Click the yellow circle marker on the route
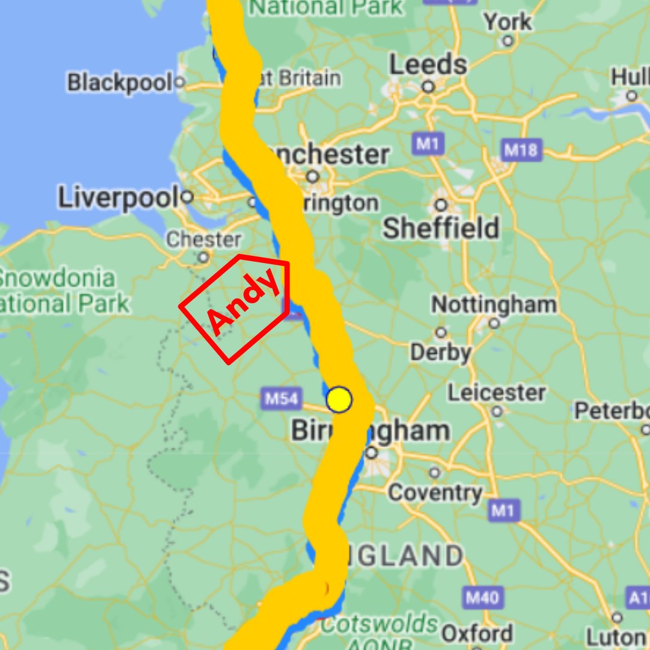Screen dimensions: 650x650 point(339,400)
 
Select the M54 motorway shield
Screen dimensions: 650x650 point(282,398)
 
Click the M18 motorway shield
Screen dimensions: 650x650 point(521,149)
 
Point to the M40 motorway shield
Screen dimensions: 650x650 point(483,598)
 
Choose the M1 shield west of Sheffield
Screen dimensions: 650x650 point(429,144)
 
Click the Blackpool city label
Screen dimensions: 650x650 point(119,82)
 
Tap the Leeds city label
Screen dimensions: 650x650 point(428,65)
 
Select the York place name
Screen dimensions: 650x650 point(508,23)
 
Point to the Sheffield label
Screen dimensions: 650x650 point(441,228)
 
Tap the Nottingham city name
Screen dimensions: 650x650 point(494,305)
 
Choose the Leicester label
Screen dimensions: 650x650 point(497,393)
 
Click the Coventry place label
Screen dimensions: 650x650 point(435,492)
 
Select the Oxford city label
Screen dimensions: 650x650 point(477,633)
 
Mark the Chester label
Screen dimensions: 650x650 point(203,239)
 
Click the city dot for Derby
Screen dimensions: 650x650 point(441,332)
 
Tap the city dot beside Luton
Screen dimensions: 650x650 point(617,617)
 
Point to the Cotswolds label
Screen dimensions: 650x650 point(379,624)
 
